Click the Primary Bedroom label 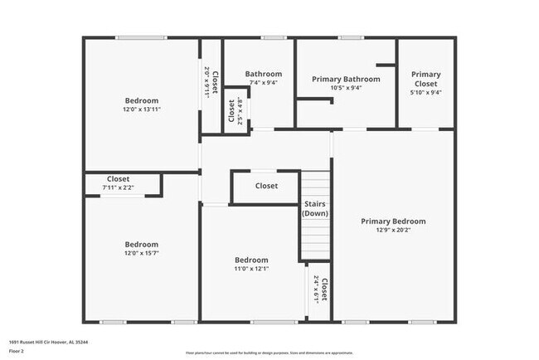tap(393, 221)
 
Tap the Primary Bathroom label tap(346, 79)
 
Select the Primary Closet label tap(425, 79)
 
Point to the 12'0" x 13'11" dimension tap(141, 109)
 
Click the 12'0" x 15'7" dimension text tap(141, 254)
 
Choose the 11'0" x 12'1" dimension tap(251, 268)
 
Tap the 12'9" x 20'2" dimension tap(393, 231)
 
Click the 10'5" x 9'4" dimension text tap(346, 88)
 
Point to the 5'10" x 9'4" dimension tap(425, 93)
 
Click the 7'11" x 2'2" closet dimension tap(118, 187)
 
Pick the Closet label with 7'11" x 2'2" tap(118, 178)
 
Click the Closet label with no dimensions tap(266, 186)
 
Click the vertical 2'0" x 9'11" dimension tap(206, 82)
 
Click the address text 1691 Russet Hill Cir tap(49, 342)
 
